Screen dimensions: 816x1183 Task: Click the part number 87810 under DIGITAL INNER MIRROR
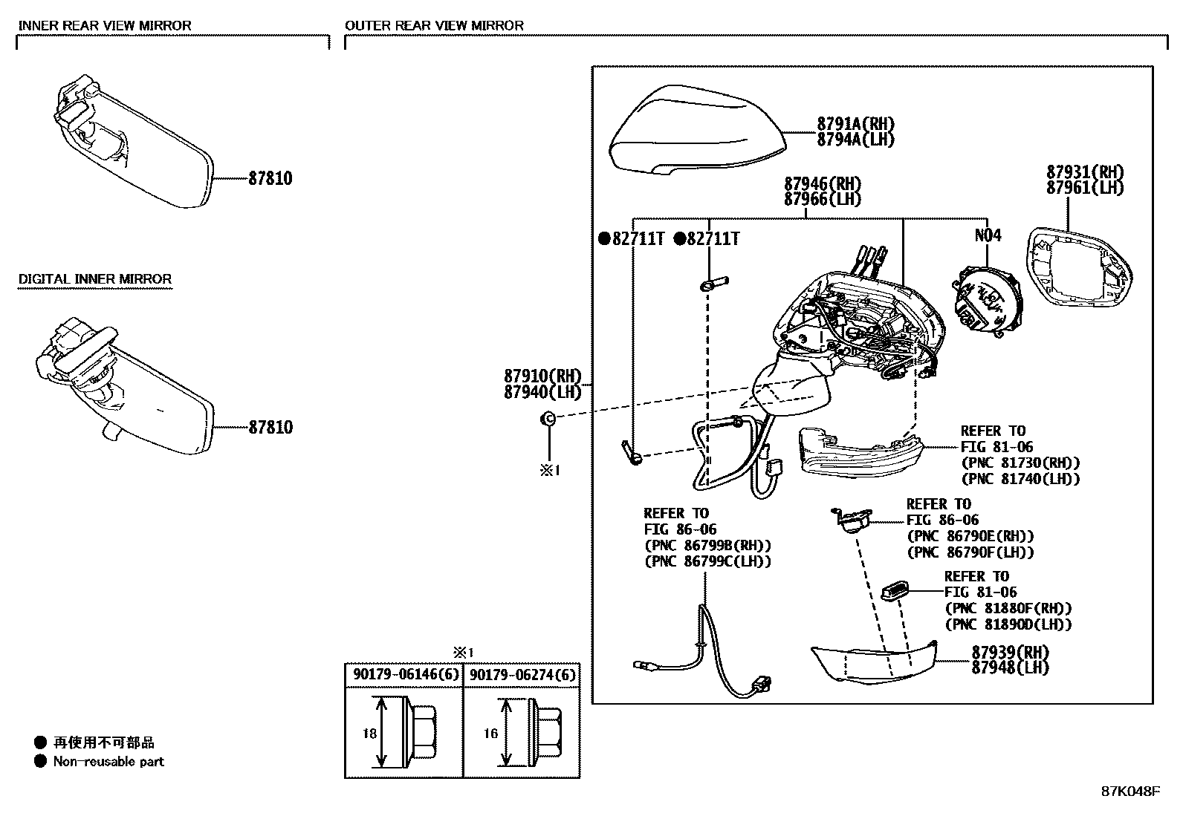click(270, 428)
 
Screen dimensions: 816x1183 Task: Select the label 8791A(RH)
click(855, 124)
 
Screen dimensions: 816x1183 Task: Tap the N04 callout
click(988, 236)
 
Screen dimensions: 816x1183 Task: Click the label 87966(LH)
click(822, 200)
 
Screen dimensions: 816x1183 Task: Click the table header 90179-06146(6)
click(403, 676)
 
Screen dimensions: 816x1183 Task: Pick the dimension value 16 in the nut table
click(490, 734)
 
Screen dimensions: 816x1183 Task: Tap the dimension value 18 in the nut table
click(370, 734)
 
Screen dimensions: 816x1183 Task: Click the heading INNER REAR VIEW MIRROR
click(104, 25)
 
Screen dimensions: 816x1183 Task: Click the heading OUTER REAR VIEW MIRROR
click(434, 25)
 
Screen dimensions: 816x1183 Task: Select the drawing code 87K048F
click(1129, 791)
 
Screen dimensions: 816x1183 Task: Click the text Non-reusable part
click(108, 762)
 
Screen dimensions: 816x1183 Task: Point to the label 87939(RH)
click(1010, 653)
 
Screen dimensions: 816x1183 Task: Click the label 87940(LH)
click(542, 393)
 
